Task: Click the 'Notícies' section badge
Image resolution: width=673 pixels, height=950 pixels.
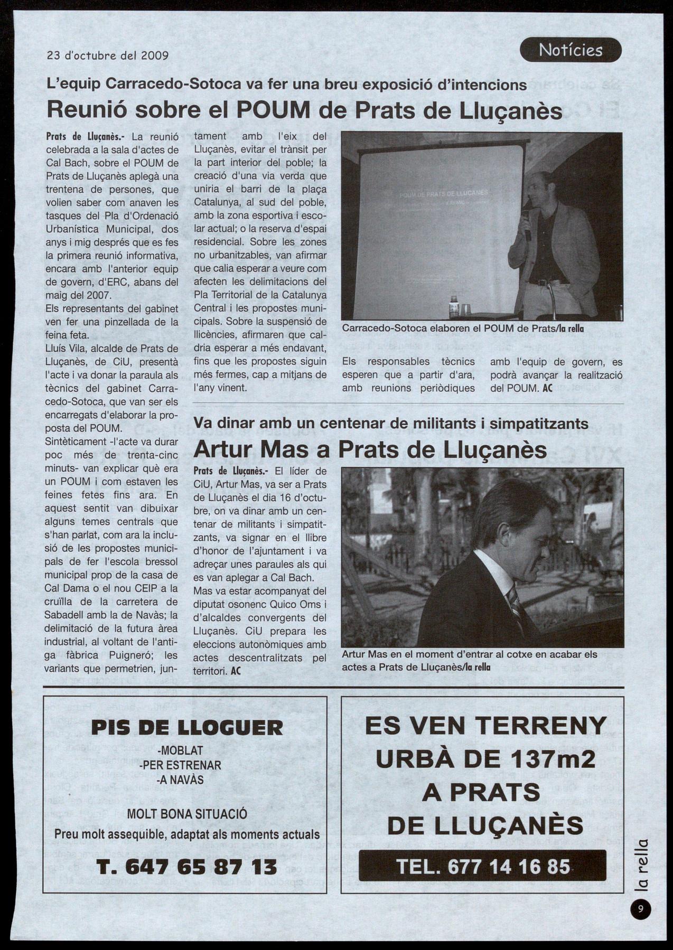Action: [x=571, y=50]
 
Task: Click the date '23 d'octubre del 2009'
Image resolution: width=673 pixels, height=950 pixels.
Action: [x=108, y=55]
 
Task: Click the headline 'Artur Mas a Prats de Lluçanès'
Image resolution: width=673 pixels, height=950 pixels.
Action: [x=370, y=449]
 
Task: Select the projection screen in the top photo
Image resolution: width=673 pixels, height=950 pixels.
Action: [x=441, y=230]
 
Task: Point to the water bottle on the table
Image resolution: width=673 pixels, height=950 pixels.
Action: [x=454, y=307]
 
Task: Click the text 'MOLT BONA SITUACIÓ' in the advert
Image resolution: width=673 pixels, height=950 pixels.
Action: [x=187, y=814]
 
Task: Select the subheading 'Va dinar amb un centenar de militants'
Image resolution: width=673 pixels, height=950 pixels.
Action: [x=391, y=424]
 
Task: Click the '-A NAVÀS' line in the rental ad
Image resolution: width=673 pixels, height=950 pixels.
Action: [x=180, y=779]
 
